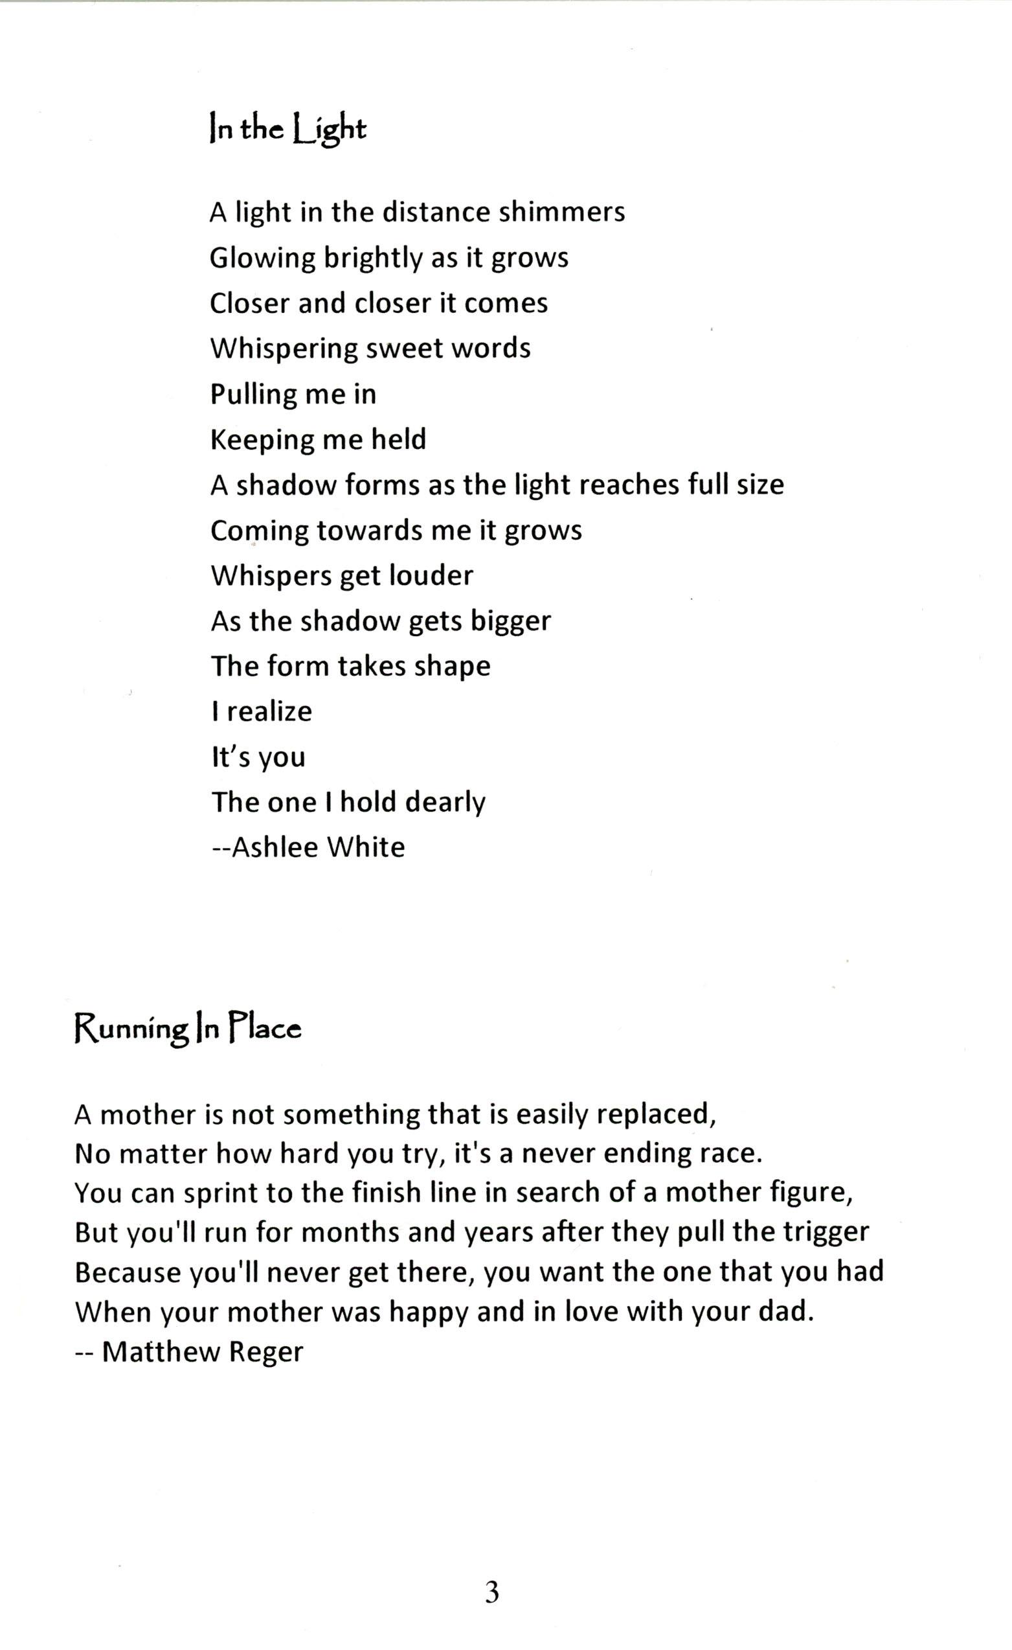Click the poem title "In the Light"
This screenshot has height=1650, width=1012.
pyautogui.click(x=288, y=130)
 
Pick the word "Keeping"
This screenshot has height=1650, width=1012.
pyautogui.click(x=262, y=441)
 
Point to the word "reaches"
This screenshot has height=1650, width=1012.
pyautogui.click(x=628, y=485)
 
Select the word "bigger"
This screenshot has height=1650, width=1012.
pyautogui.click(x=511, y=622)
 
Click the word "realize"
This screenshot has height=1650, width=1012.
pyautogui.click(x=269, y=711)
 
